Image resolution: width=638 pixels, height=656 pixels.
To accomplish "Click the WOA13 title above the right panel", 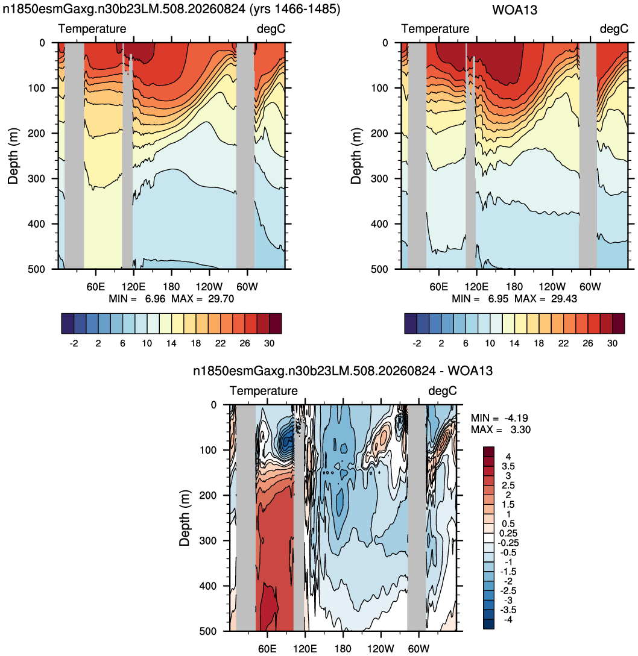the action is [514, 10].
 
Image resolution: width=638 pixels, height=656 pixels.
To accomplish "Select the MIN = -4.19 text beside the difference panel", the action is [499, 418].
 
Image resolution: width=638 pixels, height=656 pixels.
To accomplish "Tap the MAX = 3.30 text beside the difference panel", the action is [501, 430].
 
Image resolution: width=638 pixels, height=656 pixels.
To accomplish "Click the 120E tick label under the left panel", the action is [133, 287].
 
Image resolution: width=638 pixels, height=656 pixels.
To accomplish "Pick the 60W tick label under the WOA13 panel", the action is [590, 287].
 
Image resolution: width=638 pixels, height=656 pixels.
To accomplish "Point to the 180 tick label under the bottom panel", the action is [343, 649].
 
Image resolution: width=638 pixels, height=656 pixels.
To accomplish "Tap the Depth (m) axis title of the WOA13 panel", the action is [356, 156].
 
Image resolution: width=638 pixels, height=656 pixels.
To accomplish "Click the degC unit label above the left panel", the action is [271, 28].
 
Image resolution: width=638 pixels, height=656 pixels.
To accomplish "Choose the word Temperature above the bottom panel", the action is [264, 391].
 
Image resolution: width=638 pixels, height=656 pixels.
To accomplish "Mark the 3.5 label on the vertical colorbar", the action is [508, 466].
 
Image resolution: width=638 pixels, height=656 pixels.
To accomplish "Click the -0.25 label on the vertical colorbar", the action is [508, 543].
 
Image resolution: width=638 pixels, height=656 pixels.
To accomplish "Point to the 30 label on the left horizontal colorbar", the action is [269, 343].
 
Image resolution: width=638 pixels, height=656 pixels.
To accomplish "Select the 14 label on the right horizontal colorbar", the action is [514, 343].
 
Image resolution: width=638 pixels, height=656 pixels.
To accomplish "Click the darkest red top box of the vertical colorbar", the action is [488, 451].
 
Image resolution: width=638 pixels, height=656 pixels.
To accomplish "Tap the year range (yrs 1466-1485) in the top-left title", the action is [294, 9].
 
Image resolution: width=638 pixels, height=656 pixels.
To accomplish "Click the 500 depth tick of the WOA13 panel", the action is [379, 269].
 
